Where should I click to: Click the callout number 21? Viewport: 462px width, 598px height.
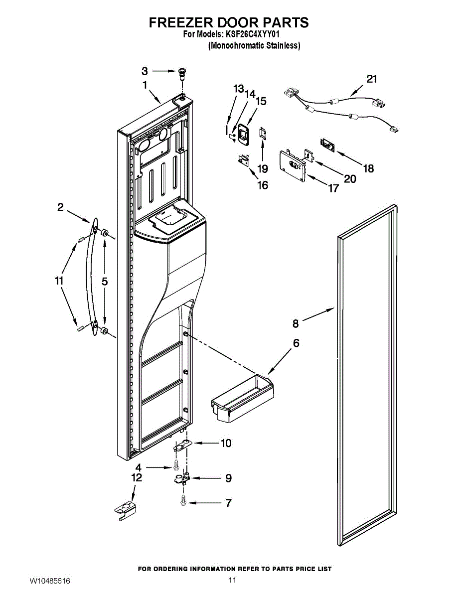click(372, 79)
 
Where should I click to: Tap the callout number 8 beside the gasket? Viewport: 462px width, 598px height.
click(296, 324)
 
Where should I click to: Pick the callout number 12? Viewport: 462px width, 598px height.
click(137, 477)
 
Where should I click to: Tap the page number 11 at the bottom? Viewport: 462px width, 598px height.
click(231, 580)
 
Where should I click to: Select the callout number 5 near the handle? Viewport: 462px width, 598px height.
click(105, 282)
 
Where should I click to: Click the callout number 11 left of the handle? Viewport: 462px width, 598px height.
click(59, 281)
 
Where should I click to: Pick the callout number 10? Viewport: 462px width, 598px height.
click(226, 443)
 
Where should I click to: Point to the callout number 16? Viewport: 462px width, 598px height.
click(262, 185)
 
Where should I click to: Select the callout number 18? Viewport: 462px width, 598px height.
click(368, 168)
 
